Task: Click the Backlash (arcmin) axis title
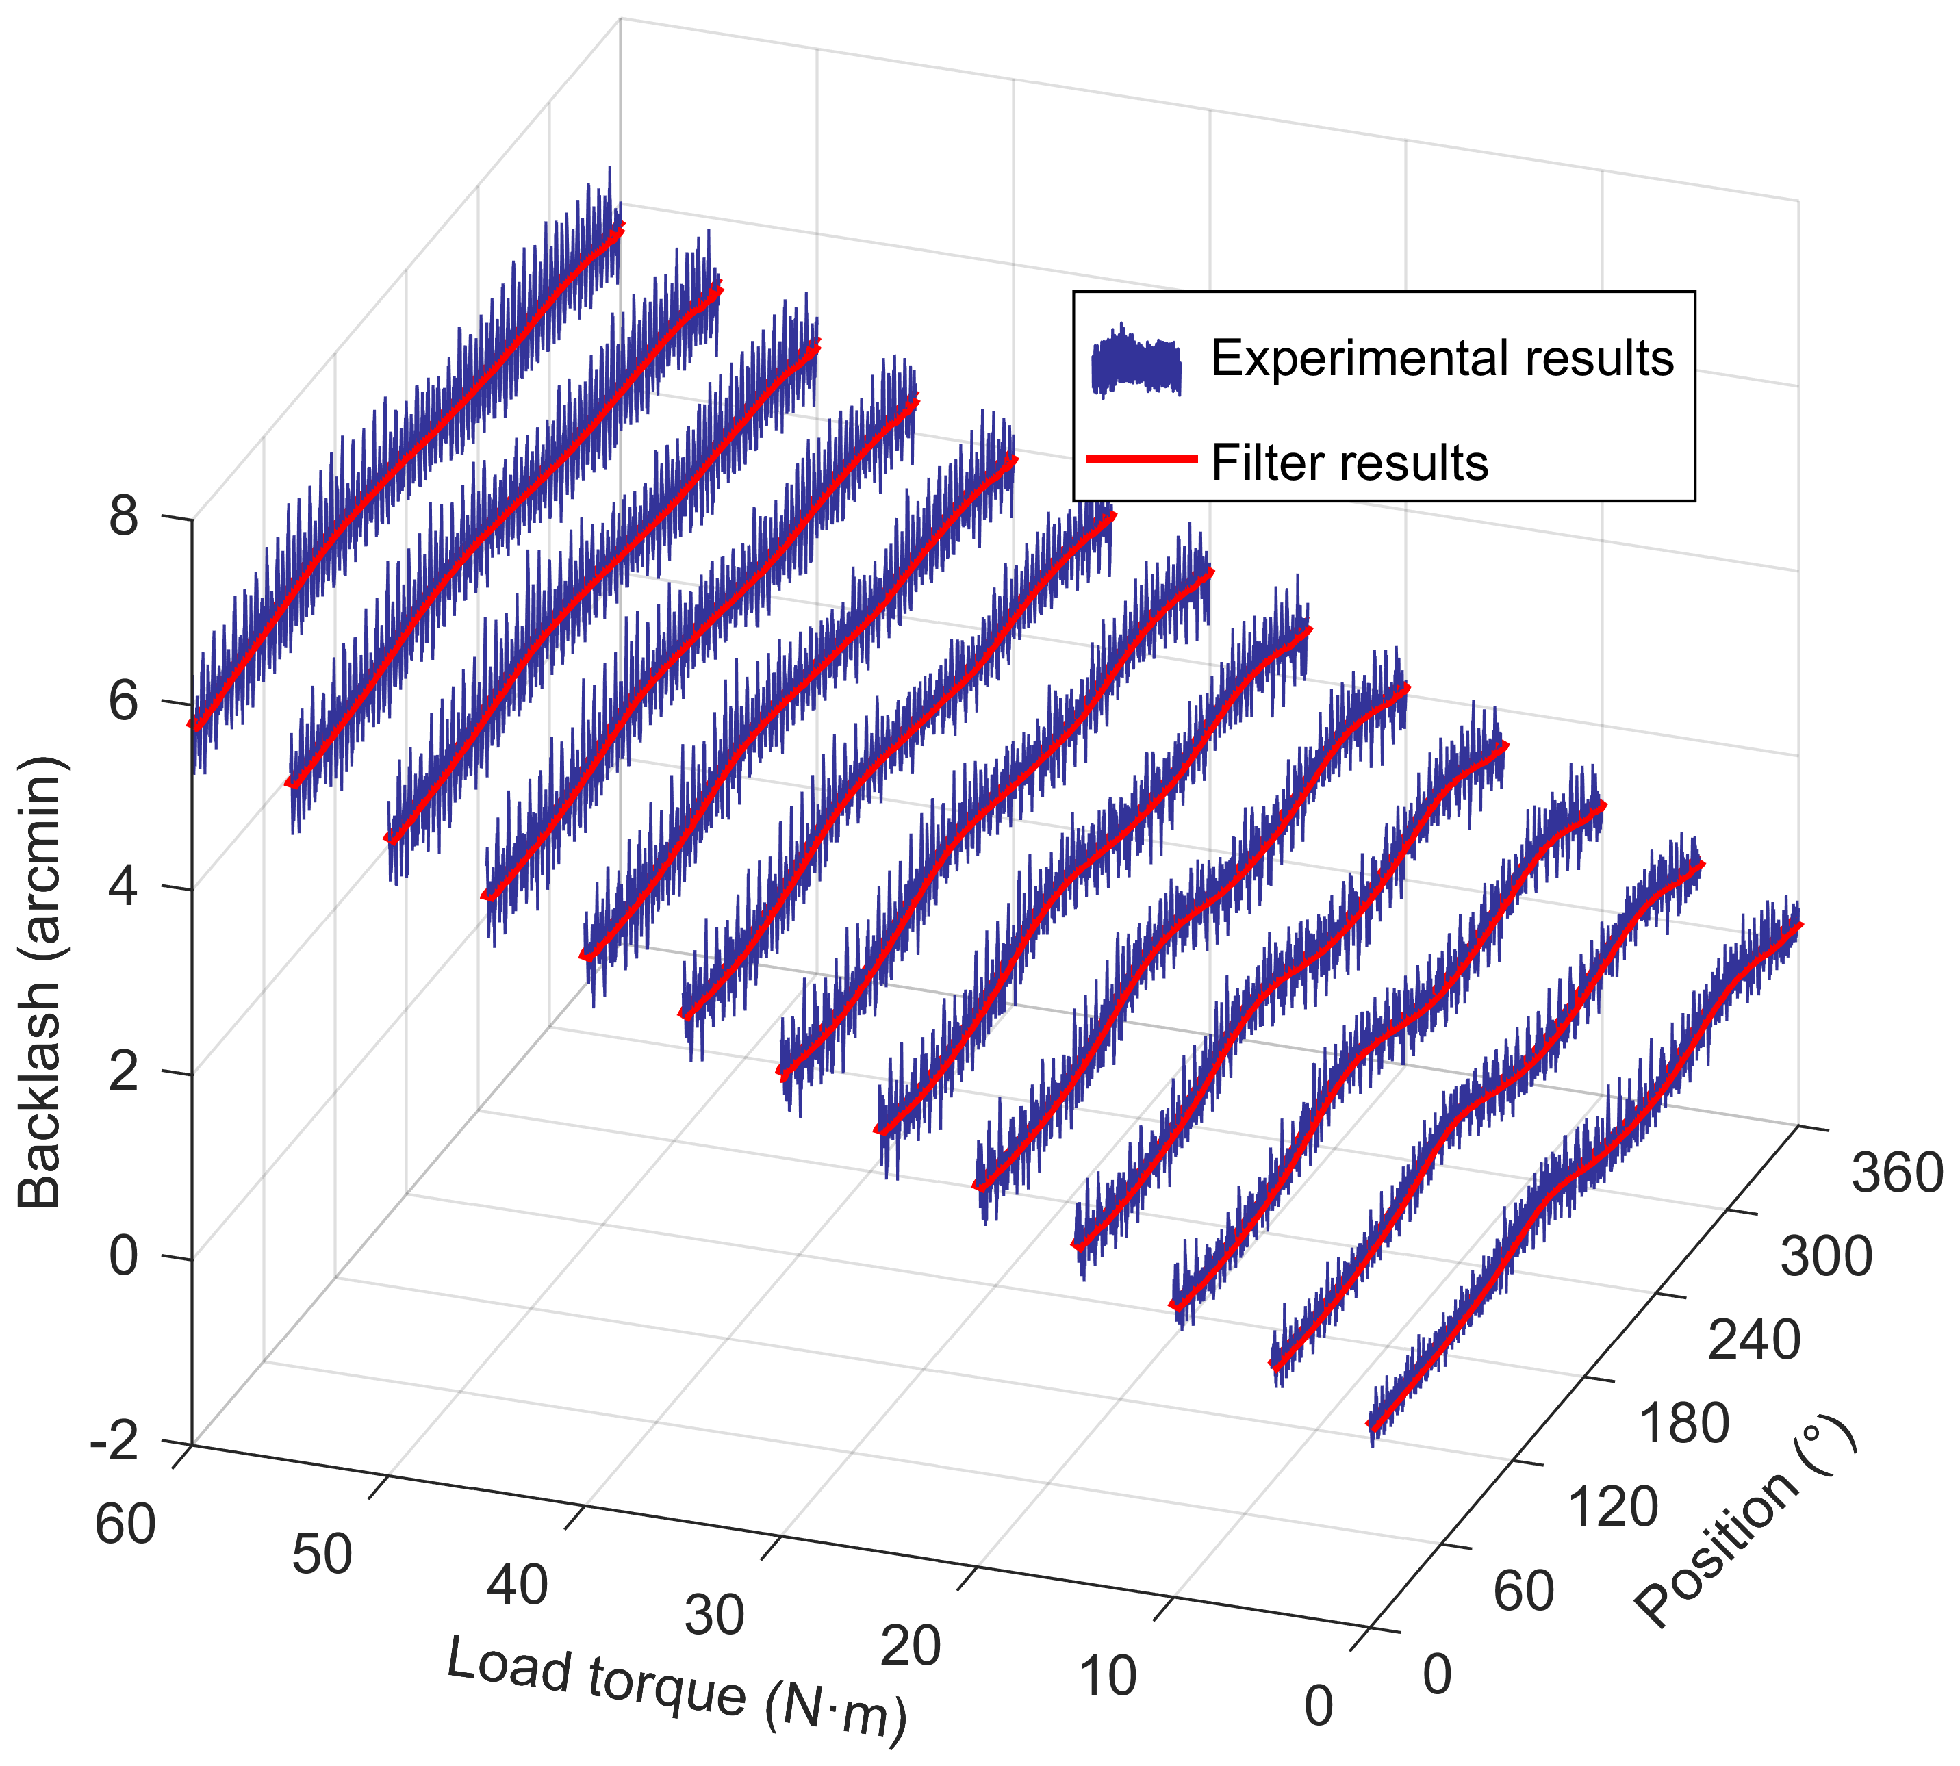point(41,981)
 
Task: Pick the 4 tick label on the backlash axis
point(124,887)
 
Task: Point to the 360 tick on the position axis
point(1897,1172)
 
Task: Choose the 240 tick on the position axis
point(1755,1340)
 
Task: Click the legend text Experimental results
point(1442,358)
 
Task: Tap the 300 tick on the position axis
point(1826,1257)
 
